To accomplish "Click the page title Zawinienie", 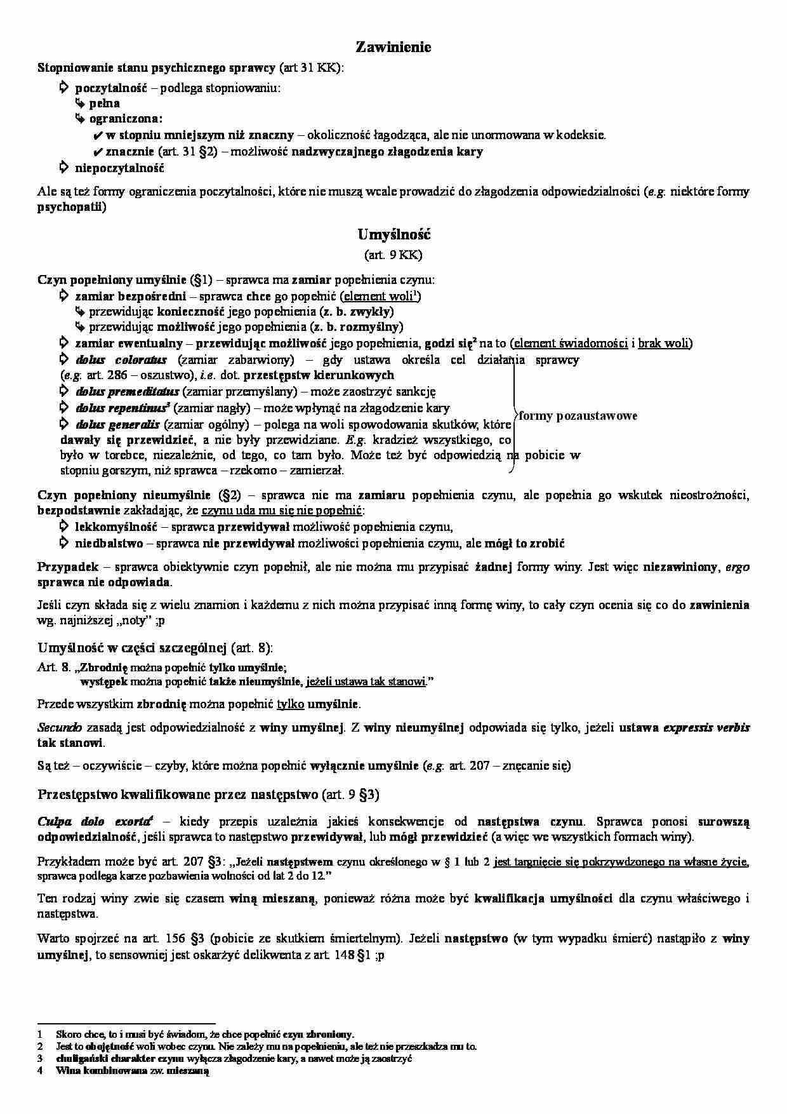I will tap(393, 47).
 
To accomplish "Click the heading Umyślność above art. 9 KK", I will tap(393, 235).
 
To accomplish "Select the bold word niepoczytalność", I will tap(119, 168).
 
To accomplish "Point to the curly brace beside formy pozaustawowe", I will tap(513, 416).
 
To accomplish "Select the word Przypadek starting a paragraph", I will tap(61, 567).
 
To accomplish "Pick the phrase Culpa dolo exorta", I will tap(95, 821).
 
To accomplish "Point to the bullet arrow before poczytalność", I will tap(63, 88).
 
